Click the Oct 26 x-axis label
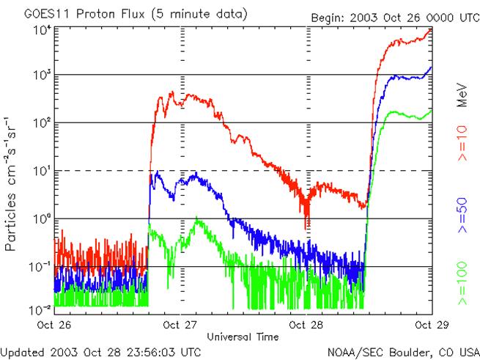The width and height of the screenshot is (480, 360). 55,323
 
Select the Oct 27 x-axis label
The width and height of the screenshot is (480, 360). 180,323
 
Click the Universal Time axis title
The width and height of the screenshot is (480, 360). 243,337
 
